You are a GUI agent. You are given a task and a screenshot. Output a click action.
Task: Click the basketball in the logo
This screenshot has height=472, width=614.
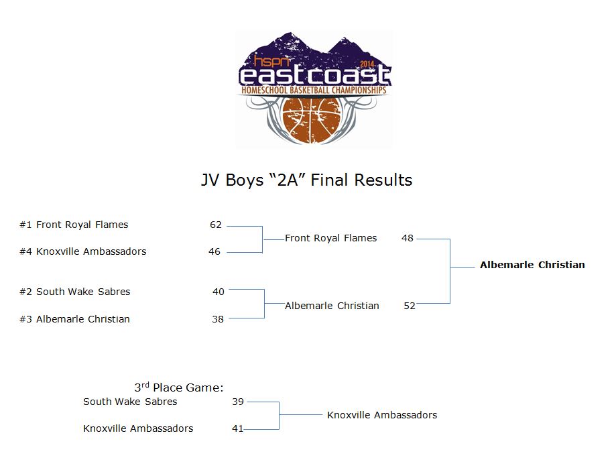[x=312, y=119]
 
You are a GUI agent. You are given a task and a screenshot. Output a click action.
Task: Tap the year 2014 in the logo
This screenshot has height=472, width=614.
[x=367, y=64]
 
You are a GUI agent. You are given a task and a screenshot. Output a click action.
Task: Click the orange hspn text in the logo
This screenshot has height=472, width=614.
[x=271, y=61]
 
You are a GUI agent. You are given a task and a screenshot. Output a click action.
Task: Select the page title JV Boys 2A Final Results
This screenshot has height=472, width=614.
[x=306, y=180]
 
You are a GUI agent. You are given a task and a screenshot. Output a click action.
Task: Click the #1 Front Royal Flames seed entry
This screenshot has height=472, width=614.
[x=74, y=225]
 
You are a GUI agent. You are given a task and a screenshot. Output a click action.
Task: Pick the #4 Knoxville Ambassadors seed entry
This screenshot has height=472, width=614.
[x=82, y=251]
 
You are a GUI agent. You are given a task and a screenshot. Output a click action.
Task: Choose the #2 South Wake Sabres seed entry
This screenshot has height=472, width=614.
[x=75, y=292]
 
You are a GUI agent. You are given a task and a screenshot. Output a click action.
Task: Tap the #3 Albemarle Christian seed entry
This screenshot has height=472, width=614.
[x=74, y=319]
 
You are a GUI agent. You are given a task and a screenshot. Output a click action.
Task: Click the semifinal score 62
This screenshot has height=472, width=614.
[x=216, y=225]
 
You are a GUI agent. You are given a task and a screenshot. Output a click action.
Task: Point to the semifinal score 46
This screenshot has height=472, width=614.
[x=214, y=251]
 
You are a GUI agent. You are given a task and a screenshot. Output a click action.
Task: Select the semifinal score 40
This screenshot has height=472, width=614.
[x=219, y=292]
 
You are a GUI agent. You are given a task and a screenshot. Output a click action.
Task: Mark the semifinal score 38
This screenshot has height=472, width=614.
[x=218, y=319]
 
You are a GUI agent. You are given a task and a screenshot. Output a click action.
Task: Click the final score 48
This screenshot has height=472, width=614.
[x=408, y=238]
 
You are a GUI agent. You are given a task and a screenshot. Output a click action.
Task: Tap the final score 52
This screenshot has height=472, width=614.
[x=410, y=306]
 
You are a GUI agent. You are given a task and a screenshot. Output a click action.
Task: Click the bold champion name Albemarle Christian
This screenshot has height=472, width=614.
[x=532, y=265]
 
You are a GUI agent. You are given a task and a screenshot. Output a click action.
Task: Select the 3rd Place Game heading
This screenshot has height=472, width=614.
[x=178, y=387]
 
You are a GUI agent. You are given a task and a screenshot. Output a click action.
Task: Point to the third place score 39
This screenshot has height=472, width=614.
[x=238, y=402]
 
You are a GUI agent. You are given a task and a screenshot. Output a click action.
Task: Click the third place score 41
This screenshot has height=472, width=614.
[x=238, y=428]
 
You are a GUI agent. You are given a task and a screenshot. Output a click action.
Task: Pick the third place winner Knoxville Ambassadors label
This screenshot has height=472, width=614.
[x=382, y=415]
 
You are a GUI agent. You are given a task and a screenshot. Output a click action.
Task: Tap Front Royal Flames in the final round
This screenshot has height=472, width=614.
[x=331, y=238]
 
